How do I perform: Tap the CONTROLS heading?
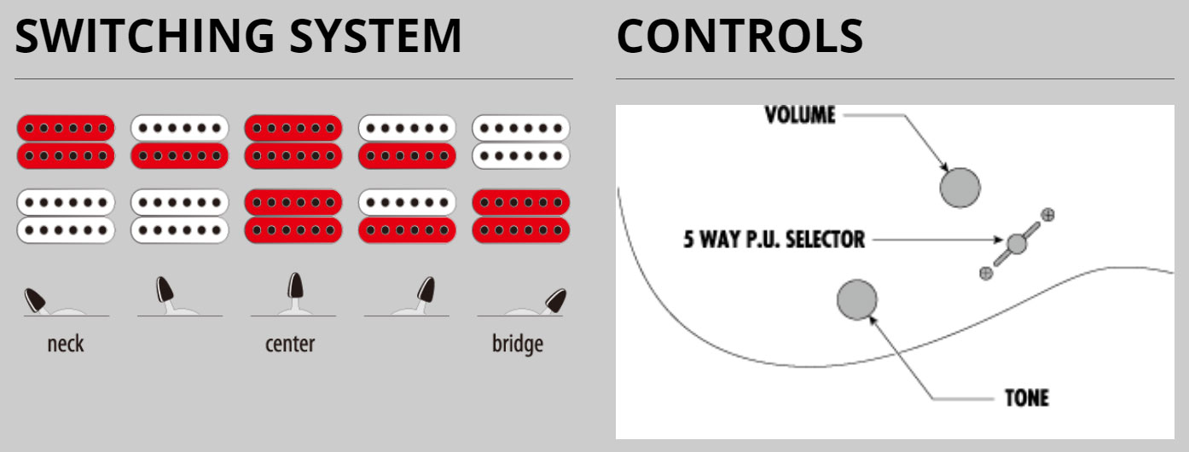(739, 37)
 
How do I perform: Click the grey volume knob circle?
(960, 187)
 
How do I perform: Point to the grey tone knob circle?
(857, 299)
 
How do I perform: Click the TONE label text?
(1026, 397)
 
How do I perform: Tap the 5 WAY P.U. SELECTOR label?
(774, 239)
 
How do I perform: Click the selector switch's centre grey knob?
(1016, 244)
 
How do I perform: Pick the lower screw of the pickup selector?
(986, 273)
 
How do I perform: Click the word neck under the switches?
(66, 345)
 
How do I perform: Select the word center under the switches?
(290, 345)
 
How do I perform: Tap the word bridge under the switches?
(518, 345)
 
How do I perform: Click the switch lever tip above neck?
(36, 298)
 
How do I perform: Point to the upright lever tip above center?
(293, 284)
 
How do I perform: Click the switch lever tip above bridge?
(555, 298)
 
